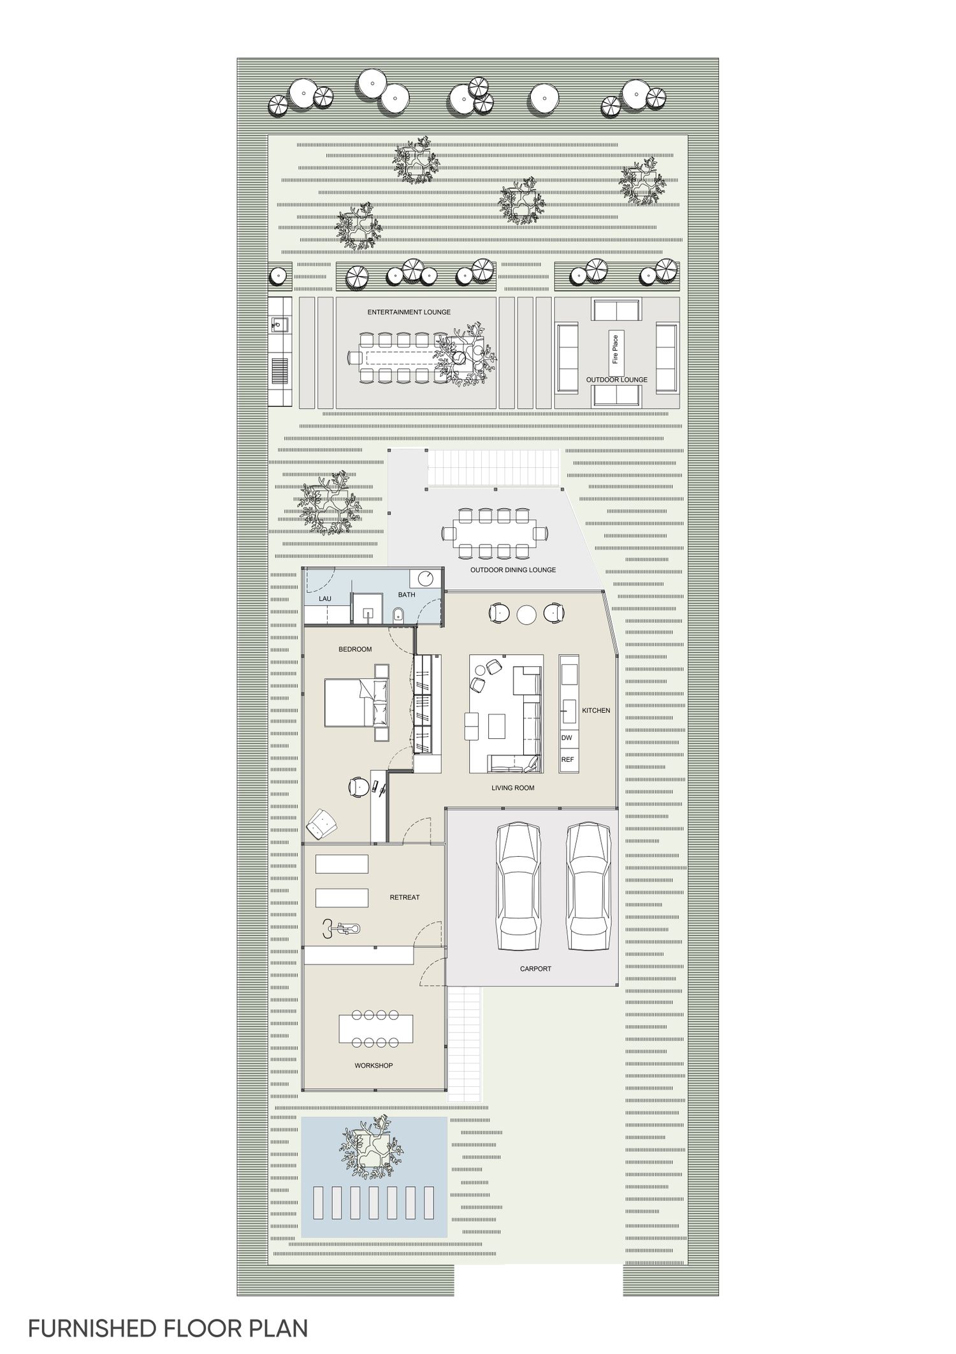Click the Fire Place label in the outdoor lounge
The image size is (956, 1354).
click(x=616, y=349)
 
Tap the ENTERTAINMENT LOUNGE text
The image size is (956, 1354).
click(x=409, y=312)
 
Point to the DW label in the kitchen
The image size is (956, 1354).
click(x=567, y=738)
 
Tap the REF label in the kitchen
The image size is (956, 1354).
click(x=567, y=760)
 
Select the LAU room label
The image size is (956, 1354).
click(x=325, y=599)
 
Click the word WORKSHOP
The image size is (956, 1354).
click(x=373, y=1065)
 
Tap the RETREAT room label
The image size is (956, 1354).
click(x=405, y=897)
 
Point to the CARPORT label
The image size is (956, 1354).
click(x=535, y=968)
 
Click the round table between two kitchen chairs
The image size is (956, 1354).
click(x=527, y=614)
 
